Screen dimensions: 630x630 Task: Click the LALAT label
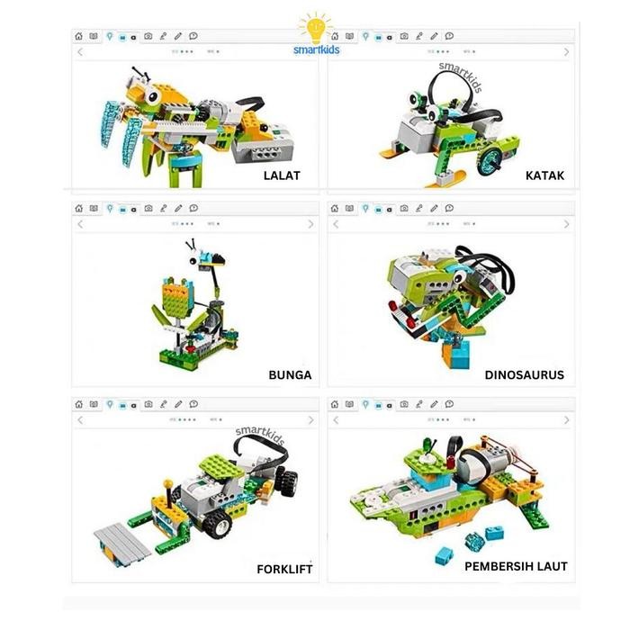282,175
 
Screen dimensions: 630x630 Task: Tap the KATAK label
544,175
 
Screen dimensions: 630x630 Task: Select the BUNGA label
290,374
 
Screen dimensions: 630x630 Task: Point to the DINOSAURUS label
524,374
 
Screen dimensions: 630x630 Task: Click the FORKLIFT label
284,569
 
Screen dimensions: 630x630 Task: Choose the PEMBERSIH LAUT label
516,566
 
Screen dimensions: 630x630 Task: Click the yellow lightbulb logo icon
316,28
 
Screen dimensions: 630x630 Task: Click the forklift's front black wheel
219,526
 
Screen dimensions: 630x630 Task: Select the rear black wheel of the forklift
287,481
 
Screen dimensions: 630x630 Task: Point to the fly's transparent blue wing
113,121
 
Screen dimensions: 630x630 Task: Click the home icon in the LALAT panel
79,37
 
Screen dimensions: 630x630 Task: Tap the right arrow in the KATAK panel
566,52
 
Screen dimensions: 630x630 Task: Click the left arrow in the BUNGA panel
80,223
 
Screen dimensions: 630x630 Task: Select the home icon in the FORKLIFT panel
79,405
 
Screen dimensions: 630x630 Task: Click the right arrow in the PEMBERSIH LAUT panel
566,420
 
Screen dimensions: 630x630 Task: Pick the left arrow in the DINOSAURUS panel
336,223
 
